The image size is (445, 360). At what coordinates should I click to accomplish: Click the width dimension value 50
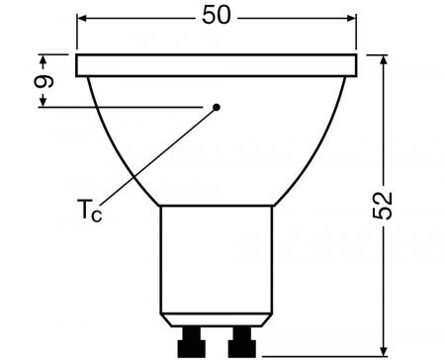[x=216, y=18]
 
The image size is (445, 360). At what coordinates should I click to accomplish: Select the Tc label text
[x=90, y=211]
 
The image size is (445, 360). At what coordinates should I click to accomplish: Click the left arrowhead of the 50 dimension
[x=84, y=18]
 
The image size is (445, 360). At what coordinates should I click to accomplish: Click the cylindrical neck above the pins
[x=217, y=257]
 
